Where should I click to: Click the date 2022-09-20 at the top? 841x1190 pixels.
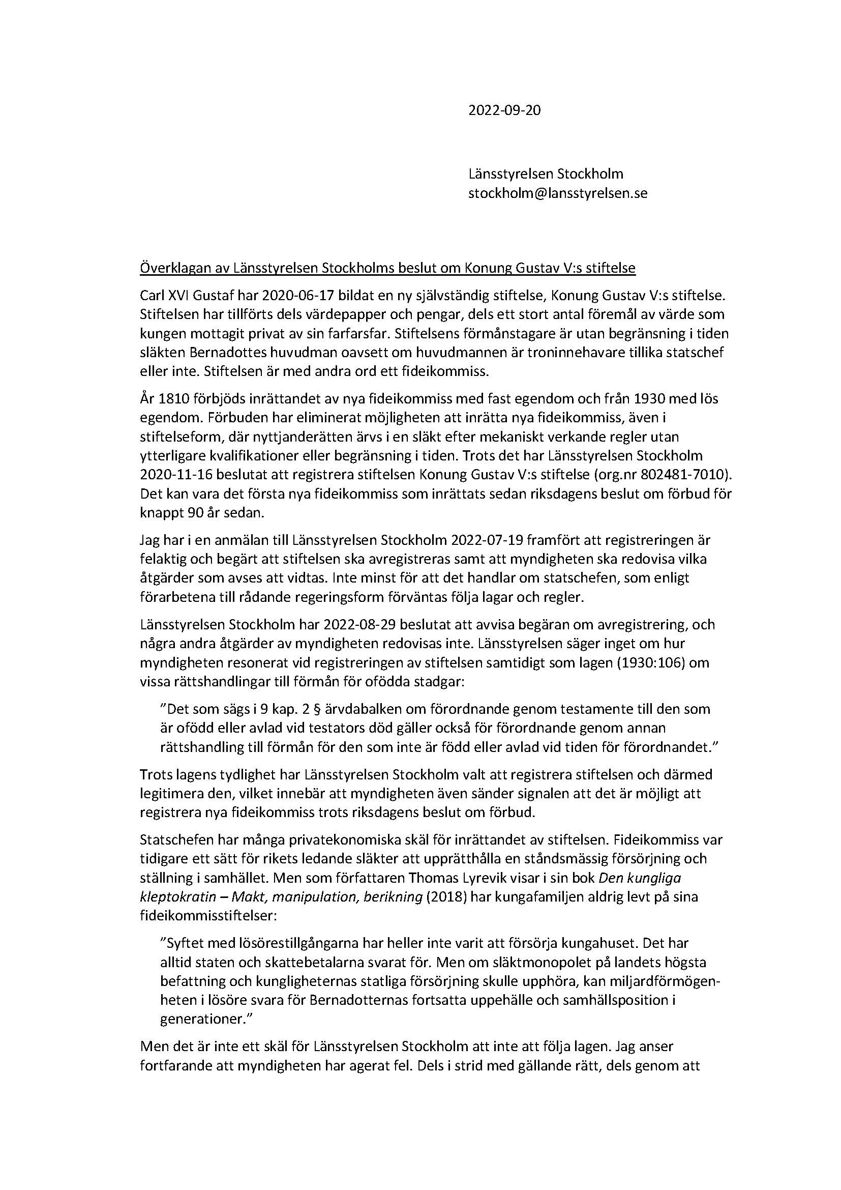pos(504,110)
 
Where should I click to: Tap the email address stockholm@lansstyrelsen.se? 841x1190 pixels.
pos(558,193)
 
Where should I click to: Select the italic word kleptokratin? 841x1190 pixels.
pos(175,897)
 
